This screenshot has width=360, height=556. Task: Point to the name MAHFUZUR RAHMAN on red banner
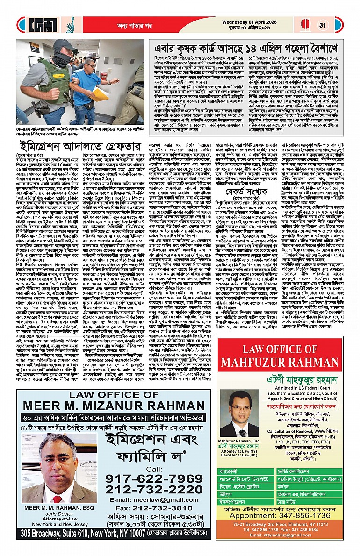pyautogui.click(x=285, y=363)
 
